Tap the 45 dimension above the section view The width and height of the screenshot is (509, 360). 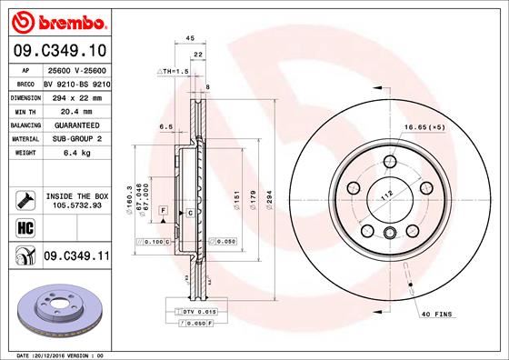pyautogui.click(x=190, y=38)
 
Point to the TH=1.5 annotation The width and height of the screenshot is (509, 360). pyautogui.click(x=174, y=71)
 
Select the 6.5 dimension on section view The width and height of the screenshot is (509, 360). pyautogui.click(x=166, y=126)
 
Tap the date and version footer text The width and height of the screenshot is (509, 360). pyautogui.click(x=55, y=355)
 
